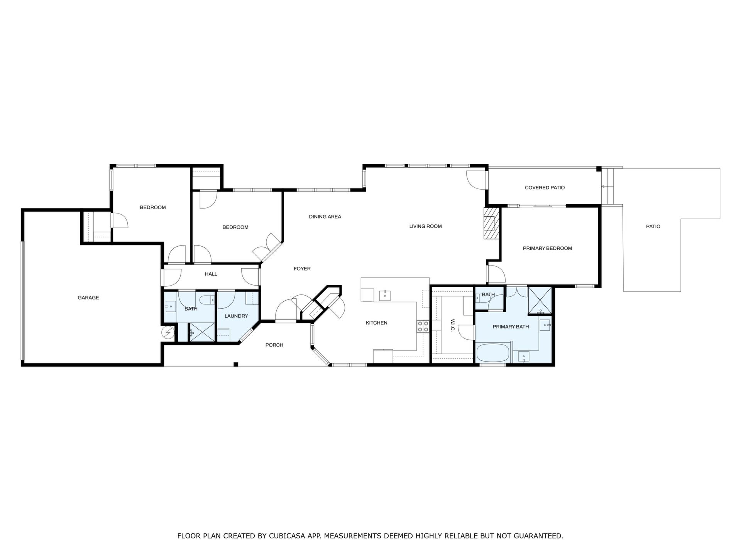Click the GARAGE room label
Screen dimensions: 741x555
[x=88, y=298]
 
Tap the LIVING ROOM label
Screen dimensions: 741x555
[x=425, y=226]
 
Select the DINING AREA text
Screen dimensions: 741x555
[x=325, y=217]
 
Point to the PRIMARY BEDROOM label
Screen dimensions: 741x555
[x=547, y=248]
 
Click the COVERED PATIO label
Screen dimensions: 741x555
[x=545, y=188]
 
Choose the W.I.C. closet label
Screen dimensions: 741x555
[x=453, y=325]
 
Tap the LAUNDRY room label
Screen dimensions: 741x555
[x=236, y=316]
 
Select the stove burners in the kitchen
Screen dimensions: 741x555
[x=423, y=326]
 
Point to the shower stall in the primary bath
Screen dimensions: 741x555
[x=540, y=301]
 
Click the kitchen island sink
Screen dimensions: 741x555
[x=385, y=296]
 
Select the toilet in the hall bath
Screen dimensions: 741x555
[x=206, y=299]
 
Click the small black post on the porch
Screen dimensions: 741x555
[x=236, y=364]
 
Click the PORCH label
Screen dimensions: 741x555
[x=274, y=345]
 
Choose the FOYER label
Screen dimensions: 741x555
[x=302, y=269]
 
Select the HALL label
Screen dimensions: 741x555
[x=211, y=274]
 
